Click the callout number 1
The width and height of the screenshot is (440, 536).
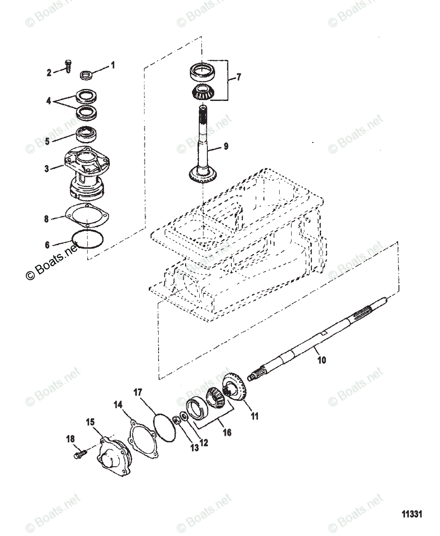click(113, 65)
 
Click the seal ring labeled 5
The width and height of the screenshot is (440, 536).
click(86, 134)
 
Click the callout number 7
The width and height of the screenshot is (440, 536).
click(238, 77)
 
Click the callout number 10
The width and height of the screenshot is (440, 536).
click(321, 359)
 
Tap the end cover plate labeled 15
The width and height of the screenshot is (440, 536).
click(112, 459)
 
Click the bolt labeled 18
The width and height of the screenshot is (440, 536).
click(78, 455)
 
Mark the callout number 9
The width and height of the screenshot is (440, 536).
click(226, 146)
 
